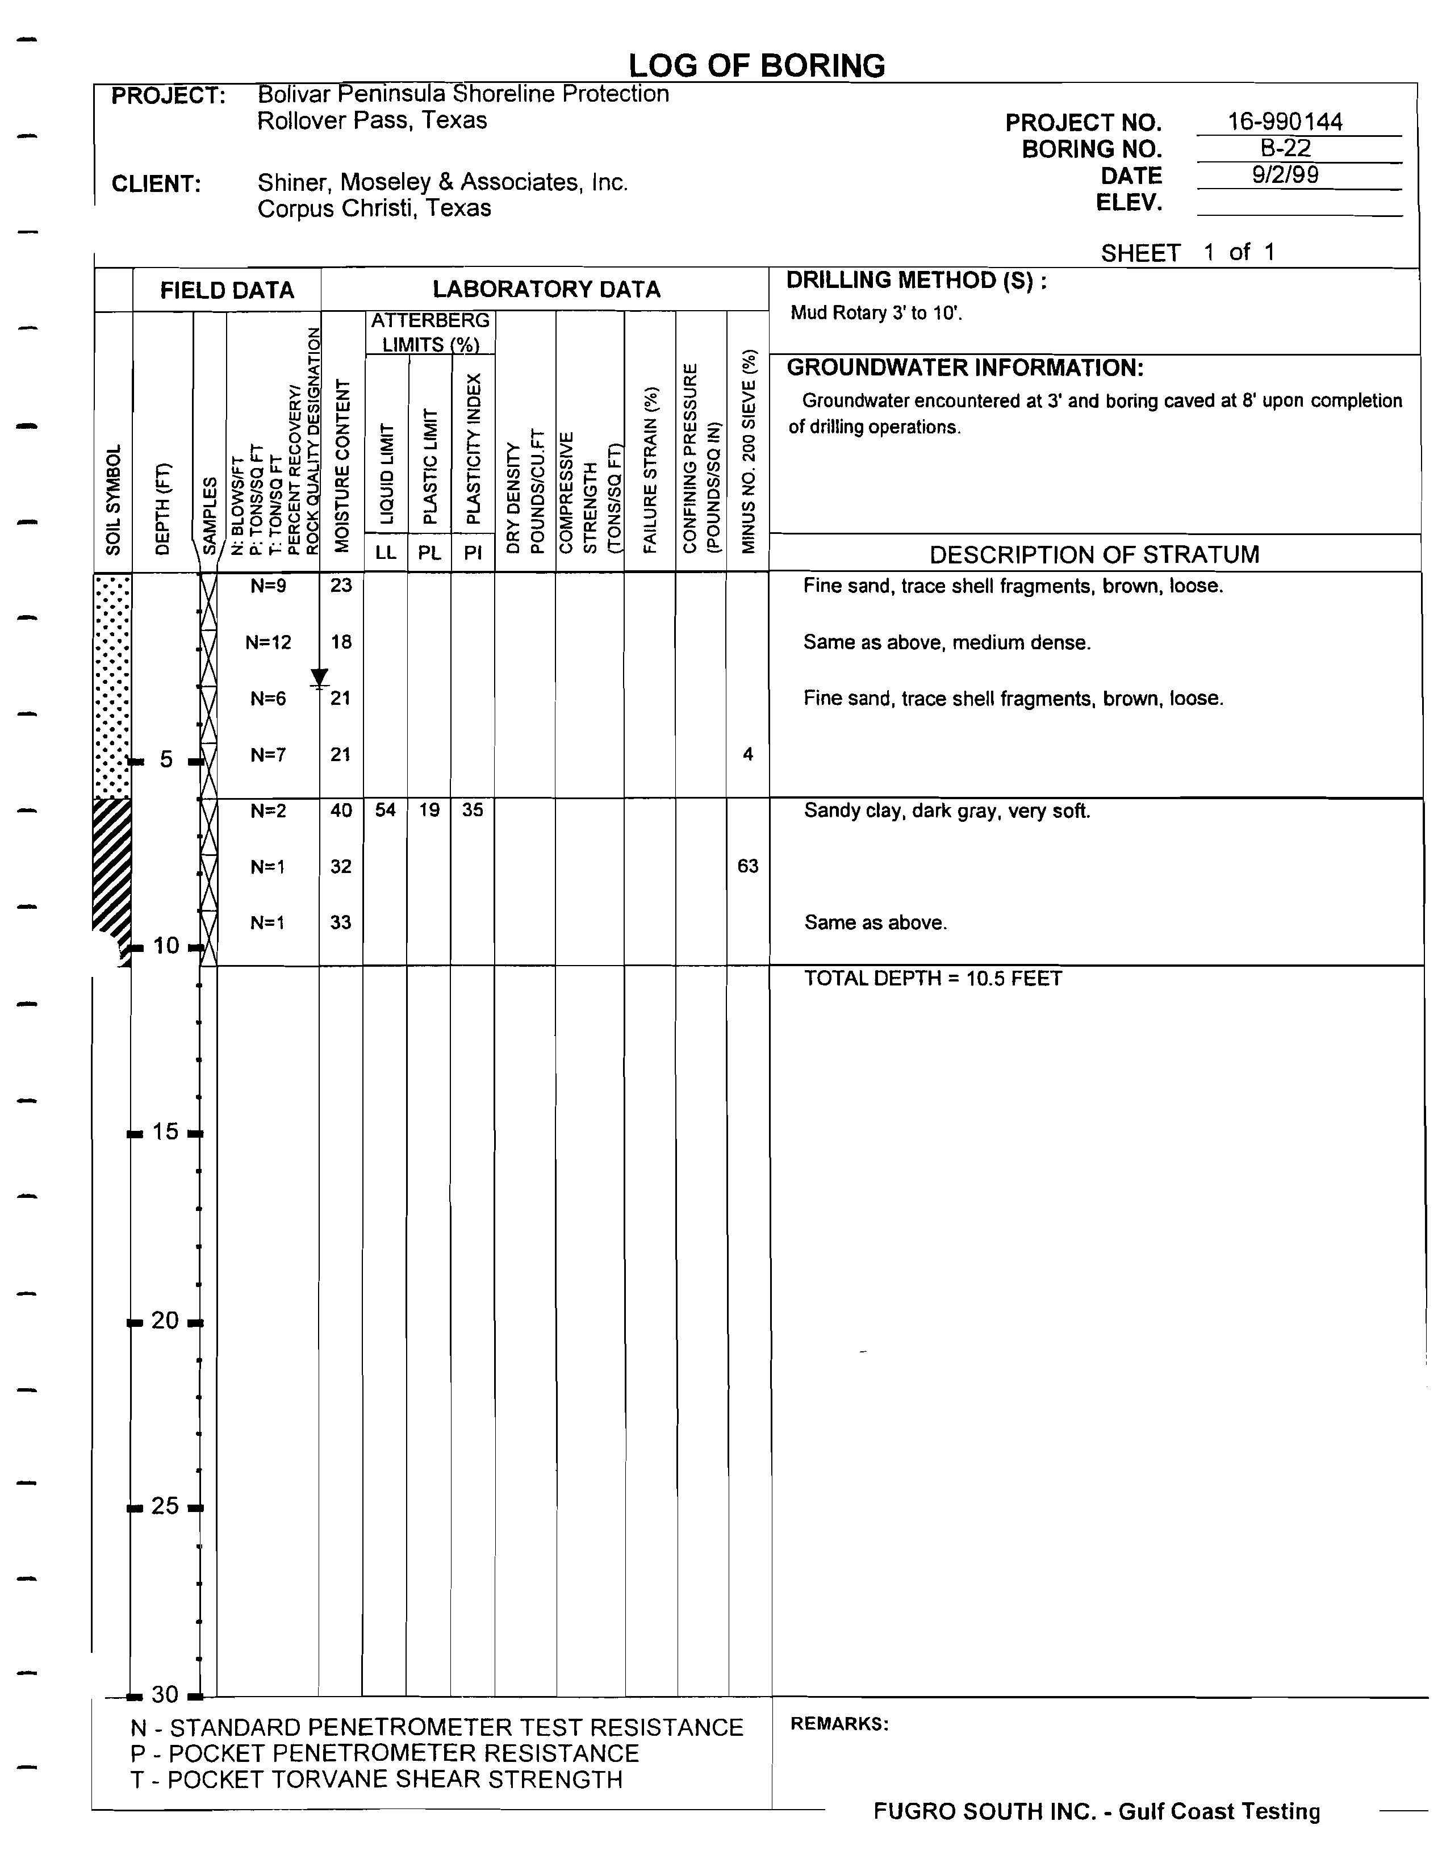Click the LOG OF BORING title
[x=756, y=66]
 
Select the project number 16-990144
[x=1285, y=122]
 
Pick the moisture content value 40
[x=341, y=811]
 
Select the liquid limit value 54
[x=386, y=811]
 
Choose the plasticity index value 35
[x=473, y=811]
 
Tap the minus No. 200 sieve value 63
[x=748, y=866]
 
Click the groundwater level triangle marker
[x=319, y=678]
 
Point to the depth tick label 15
[x=164, y=1133]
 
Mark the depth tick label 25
[x=164, y=1506]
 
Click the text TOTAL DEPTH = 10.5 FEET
[x=933, y=979]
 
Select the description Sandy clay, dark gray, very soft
[x=947, y=811]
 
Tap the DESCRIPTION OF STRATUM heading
[x=1094, y=555]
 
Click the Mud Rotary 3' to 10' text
[x=876, y=313]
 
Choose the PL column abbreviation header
[x=429, y=553]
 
